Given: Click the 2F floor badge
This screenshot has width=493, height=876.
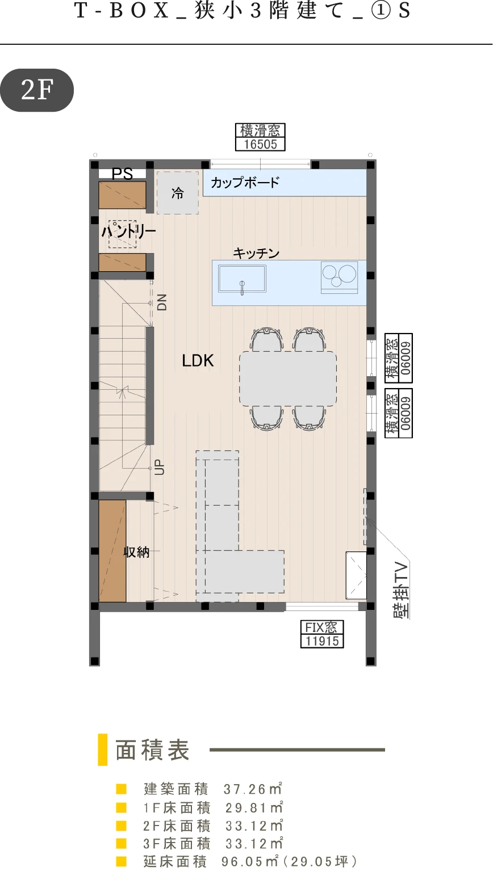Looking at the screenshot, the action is (x=37, y=90).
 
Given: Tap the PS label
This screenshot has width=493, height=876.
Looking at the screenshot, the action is (x=122, y=174).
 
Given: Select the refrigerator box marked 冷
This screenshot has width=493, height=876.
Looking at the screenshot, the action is (x=178, y=192).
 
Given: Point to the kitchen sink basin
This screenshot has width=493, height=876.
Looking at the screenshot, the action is (x=243, y=279).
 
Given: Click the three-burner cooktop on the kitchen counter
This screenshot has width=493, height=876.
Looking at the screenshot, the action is (x=339, y=277).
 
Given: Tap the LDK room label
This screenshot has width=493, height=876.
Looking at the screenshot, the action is (x=198, y=361).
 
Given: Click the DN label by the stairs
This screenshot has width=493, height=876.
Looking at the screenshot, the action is (x=162, y=302).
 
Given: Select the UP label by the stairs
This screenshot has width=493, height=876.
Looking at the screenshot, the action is (x=160, y=467).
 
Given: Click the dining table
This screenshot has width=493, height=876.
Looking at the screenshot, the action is (x=288, y=378).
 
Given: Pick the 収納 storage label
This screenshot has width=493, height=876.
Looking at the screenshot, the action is (x=136, y=552).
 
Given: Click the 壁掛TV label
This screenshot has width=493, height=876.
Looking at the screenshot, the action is (x=402, y=591).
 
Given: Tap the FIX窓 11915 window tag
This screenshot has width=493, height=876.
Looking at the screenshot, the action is (x=322, y=634).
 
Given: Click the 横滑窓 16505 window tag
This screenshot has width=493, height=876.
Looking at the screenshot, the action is (x=260, y=137).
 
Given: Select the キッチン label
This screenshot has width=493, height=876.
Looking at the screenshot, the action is (x=256, y=253).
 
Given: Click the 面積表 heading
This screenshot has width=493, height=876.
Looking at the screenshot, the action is (x=152, y=749).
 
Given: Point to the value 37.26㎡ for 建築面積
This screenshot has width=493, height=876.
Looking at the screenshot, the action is (x=253, y=789).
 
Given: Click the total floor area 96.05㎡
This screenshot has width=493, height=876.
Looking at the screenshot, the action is (x=250, y=861).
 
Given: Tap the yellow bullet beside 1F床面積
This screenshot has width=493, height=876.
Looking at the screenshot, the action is (x=122, y=807).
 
